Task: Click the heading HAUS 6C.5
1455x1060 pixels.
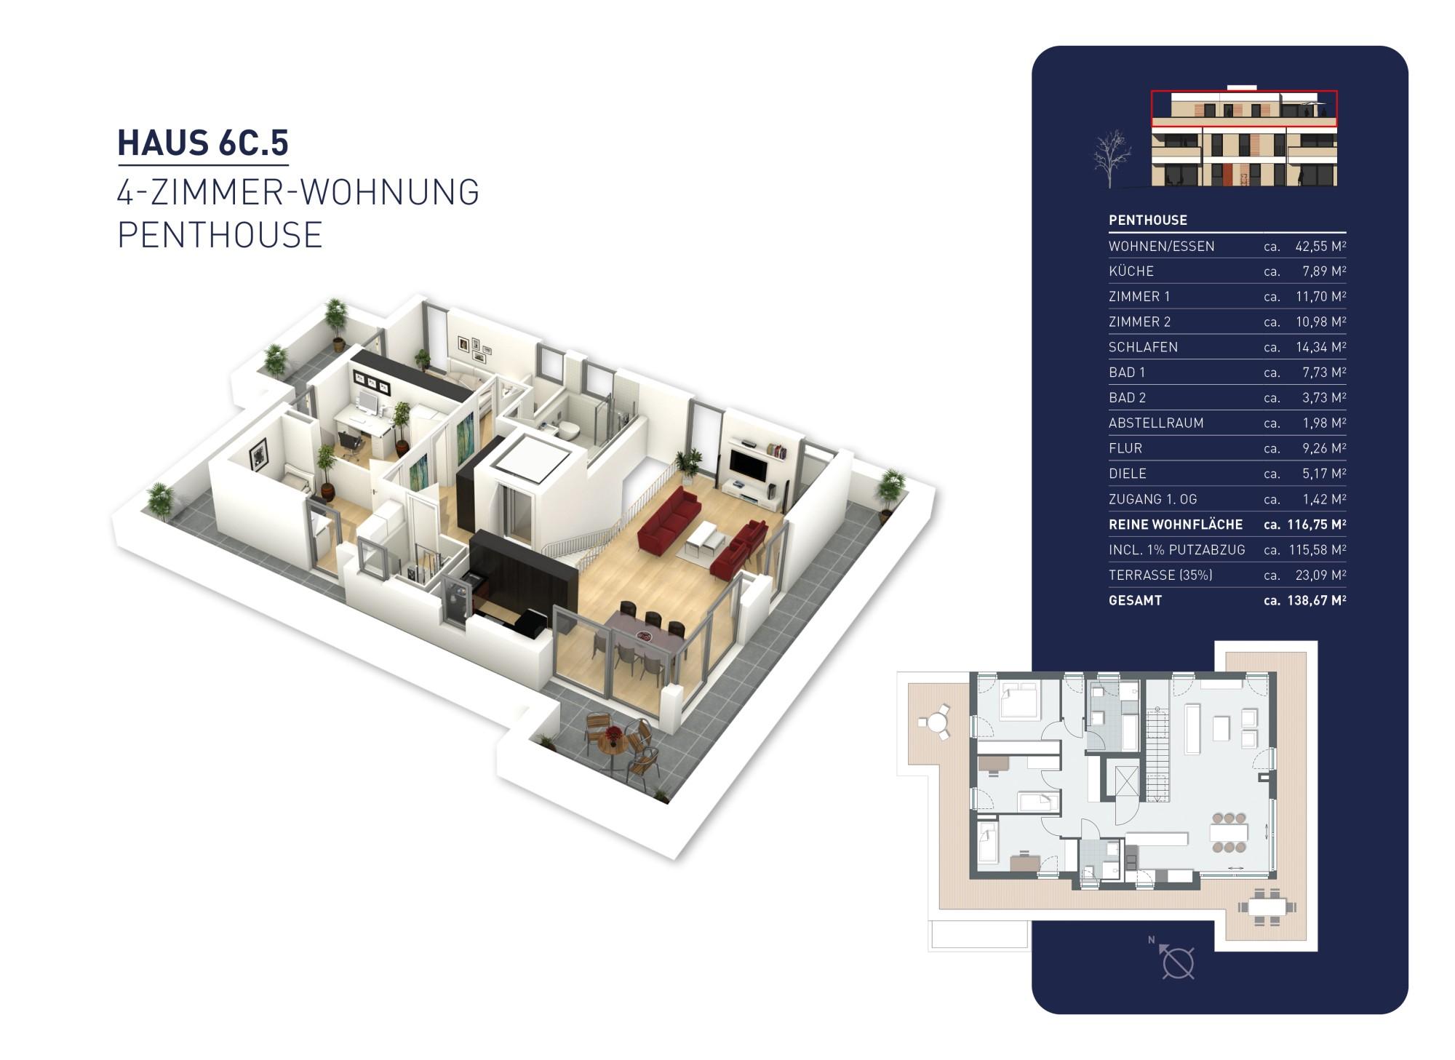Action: point(203,143)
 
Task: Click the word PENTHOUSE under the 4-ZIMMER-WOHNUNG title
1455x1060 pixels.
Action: point(220,235)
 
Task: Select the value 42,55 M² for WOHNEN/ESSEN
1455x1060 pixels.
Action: point(1320,246)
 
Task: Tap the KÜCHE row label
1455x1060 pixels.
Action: point(1131,271)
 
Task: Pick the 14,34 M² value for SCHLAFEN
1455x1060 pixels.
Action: point(1320,347)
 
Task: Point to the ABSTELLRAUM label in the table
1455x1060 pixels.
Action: point(1155,423)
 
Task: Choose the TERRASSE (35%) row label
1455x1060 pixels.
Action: point(1160,575)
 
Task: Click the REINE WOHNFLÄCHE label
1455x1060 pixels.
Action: point(1175,525)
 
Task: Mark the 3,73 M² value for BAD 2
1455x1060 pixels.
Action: point(1323,397)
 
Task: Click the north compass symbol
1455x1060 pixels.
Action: point(1176,961)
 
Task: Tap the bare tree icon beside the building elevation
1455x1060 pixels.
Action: point(1112,158)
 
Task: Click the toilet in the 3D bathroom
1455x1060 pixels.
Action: point(567,429)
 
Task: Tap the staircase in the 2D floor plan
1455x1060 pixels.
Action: point(1157,753)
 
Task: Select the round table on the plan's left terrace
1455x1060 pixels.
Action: point(934,723)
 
